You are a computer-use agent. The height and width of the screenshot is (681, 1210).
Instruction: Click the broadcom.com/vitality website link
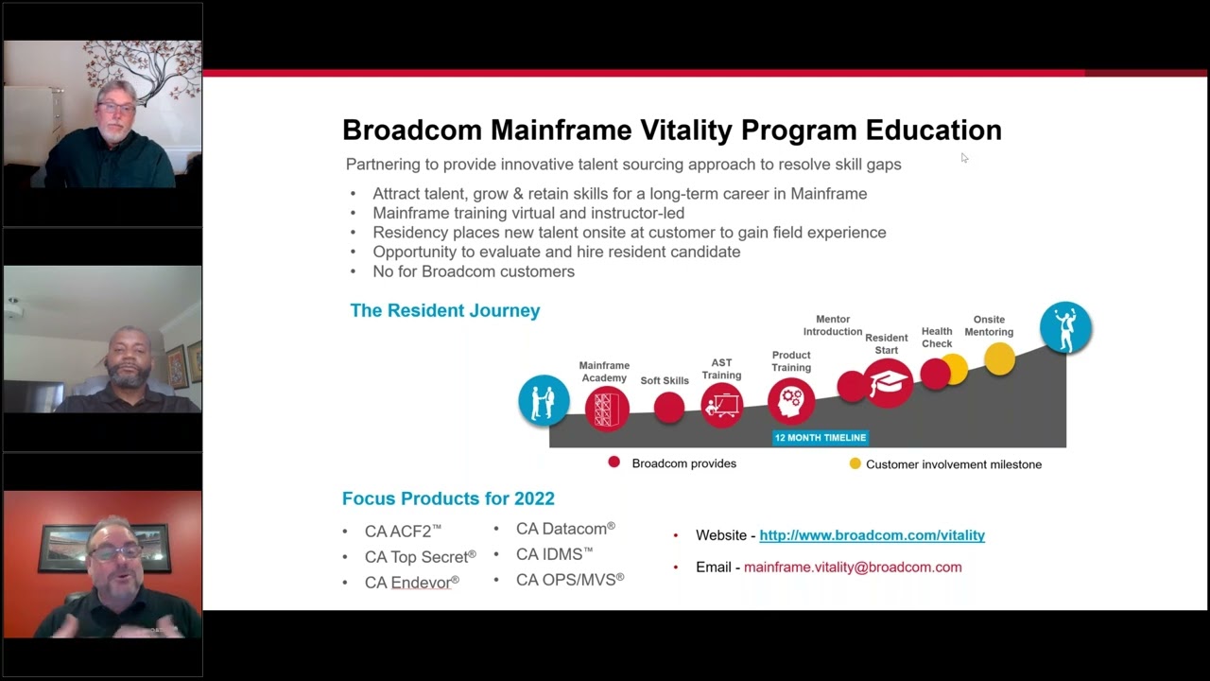coord(872,535)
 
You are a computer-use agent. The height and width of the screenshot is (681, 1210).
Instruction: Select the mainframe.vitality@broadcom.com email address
coord(852,567)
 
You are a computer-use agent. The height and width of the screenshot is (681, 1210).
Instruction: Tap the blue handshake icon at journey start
coord(544,400)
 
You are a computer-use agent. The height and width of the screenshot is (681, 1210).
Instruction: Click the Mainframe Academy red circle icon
coord(606,408)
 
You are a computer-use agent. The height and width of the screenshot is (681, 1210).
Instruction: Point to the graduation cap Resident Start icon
coord(888,383)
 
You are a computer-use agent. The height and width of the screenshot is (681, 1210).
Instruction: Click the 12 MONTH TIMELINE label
coord(820,438)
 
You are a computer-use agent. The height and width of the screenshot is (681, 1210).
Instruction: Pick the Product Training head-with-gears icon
coord(790,401)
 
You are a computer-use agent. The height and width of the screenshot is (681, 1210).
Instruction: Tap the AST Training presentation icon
coord(722,406)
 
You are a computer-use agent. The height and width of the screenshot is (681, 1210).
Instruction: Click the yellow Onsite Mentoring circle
coord(999,358)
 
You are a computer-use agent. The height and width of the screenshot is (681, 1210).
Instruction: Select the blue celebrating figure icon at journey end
coord(1065,327)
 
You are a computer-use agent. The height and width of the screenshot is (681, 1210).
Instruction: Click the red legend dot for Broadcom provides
coord(614,463)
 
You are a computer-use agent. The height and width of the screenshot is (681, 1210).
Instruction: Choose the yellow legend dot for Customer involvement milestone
coord(855,463)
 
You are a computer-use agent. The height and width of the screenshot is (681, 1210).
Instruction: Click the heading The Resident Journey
coord(444,310)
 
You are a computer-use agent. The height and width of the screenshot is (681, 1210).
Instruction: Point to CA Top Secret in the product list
coord(420,557)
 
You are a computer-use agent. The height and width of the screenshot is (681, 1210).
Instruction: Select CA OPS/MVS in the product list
coord(569,580)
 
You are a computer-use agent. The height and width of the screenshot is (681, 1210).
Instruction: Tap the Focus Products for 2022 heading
coord(448,498)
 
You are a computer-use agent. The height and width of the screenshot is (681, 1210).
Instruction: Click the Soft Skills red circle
coord(668,408)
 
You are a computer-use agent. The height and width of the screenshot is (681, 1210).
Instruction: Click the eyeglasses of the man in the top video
coord(116,109)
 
